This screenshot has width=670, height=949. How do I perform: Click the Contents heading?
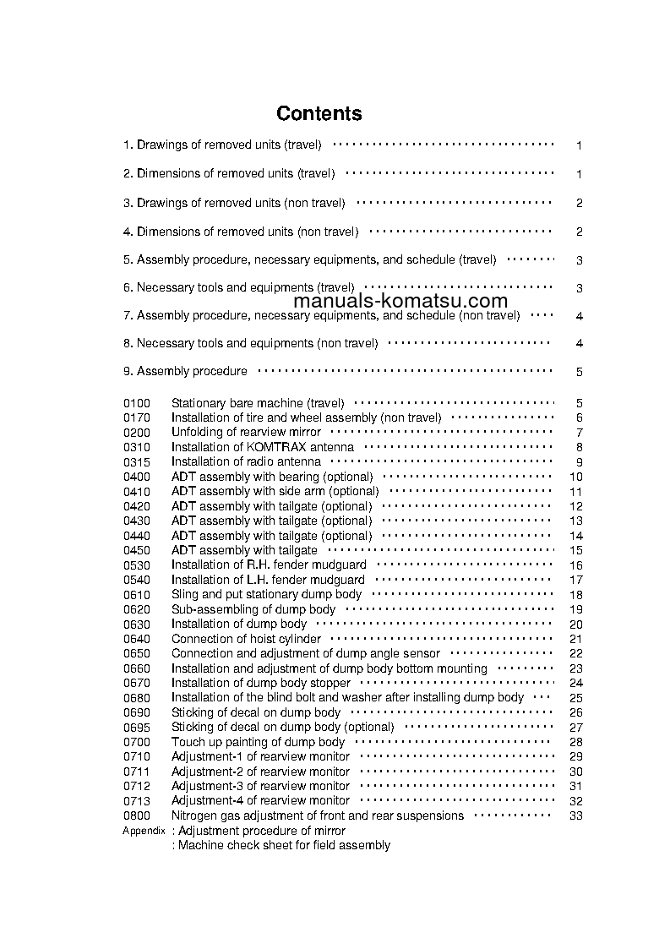(319, 113)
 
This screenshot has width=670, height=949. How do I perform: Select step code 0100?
(137, 403)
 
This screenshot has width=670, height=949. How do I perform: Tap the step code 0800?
(137, 815)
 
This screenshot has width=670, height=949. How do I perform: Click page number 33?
(576, 815)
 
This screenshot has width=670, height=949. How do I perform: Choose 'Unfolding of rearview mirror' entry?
(246, 432)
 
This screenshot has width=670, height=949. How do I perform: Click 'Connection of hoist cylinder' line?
(246, 639)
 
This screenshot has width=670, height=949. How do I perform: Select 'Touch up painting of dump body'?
(258, 742)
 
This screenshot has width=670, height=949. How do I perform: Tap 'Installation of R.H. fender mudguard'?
(269, 564)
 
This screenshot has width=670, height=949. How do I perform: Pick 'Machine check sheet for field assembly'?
(281, 845)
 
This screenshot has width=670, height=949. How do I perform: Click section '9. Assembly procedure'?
(186, 371)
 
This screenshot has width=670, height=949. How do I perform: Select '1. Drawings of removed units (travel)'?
(222, 145)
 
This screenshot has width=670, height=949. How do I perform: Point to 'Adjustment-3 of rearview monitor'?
(260, 786)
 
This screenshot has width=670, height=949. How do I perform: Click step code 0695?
(137, 727)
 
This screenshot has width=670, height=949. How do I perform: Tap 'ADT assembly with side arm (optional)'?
(275, 491)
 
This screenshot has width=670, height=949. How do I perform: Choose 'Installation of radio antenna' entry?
(246, 461)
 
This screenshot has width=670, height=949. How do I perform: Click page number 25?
(576, 697)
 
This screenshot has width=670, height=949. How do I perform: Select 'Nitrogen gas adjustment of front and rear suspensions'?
(317, 815)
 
